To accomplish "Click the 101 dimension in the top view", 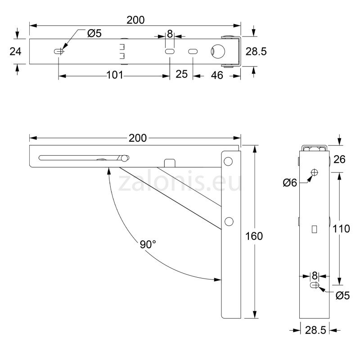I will (115, 75).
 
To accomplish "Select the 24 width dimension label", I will (15, 51).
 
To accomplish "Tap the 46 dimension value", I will (217, 75).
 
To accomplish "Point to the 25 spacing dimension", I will (181, 74).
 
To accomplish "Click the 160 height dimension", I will (254, 236).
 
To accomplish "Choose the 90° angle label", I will (148, 244).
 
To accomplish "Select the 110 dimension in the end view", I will (342, 229).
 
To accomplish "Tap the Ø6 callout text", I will (290, 182).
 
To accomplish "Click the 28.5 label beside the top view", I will (256, 51).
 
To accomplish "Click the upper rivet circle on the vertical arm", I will (229, 161).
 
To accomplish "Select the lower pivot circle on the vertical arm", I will (229, 220).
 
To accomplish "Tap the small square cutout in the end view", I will (314, 229).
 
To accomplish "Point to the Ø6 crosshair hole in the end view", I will (315, 172).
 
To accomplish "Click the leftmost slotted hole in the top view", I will (58, 52).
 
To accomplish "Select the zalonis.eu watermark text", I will (180, 182).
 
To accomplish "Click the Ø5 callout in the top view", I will (94, 33).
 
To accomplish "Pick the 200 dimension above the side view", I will (137, 138).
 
